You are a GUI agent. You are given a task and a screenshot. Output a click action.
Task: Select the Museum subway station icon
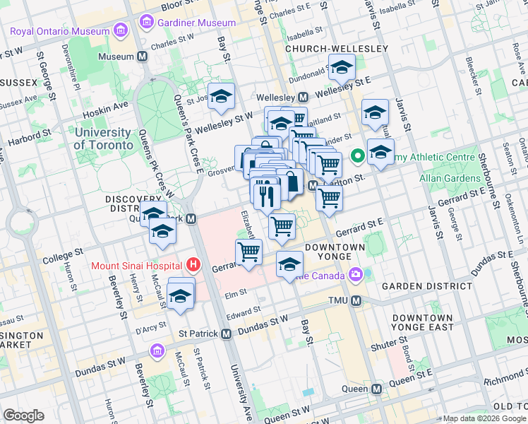click(143, 57)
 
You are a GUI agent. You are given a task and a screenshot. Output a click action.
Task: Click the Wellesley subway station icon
click(303, 97)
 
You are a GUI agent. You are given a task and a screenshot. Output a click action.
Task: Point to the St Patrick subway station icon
click(226, 334)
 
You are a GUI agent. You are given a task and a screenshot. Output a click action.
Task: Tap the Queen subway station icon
click(377, 389)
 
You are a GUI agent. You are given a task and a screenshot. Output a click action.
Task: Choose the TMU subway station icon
click(356, 301)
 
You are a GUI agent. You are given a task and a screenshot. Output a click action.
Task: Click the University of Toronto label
click(103, 139)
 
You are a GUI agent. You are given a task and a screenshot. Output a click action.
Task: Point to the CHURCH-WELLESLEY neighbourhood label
click(337, 48)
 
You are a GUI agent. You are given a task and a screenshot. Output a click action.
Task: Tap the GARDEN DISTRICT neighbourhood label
click(426, 286)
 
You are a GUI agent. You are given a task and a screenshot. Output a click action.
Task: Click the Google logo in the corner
click(23, 415)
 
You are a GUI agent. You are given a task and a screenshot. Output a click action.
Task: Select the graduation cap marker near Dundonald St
click(342, 67)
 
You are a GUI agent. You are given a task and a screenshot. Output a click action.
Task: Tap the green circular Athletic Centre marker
click(357, 155)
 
